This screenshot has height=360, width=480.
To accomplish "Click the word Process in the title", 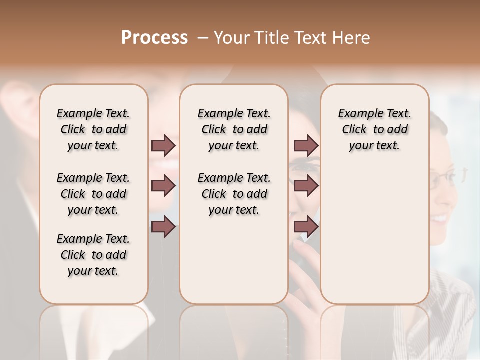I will (154, 38).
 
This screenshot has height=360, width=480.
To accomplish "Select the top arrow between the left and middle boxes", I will (163, 145).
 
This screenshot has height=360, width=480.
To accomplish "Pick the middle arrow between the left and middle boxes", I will (163, 186).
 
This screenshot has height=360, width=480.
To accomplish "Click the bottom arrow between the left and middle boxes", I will (163, 227).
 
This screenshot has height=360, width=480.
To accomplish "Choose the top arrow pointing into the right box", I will (306, 145).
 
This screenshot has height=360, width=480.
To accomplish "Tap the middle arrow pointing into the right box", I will (306, 186).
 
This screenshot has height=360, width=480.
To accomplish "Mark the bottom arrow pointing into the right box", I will (306, 227).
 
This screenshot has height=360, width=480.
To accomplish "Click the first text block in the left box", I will (93, 129).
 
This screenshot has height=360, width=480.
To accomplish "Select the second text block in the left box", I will (93, 194).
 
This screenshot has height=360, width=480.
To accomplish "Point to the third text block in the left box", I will (93, 255).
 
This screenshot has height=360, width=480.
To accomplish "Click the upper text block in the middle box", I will (234, 129).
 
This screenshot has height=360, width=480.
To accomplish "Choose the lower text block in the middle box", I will (234, 194).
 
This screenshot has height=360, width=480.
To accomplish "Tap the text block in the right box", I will (374, 129).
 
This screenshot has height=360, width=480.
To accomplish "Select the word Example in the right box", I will (357, 114).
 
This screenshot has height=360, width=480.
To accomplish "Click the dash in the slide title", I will (203, 38).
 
